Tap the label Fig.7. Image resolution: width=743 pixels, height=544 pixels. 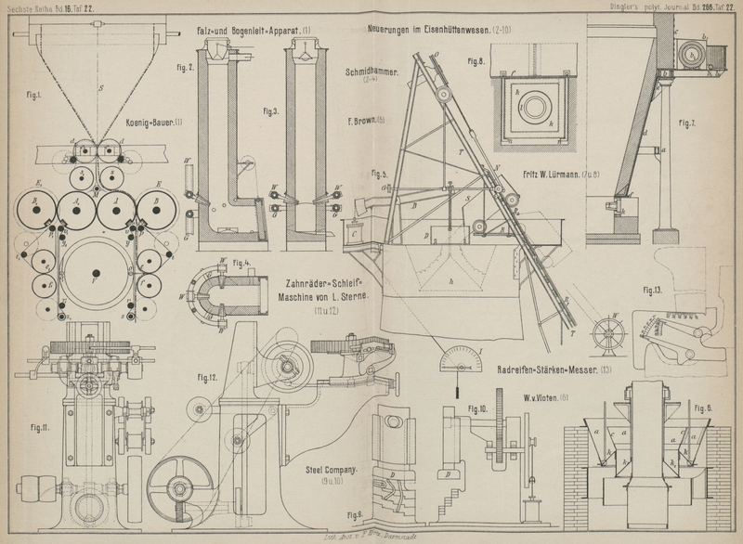686,123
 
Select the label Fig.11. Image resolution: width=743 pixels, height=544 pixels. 38,427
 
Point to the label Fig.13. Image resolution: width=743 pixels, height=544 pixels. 652,289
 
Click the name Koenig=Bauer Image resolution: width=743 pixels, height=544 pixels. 155,121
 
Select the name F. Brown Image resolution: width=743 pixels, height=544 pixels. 365,120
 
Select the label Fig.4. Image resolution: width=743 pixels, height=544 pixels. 244,263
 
